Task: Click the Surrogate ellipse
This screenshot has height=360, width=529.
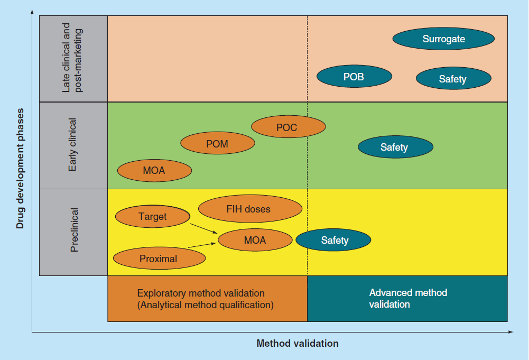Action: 444,39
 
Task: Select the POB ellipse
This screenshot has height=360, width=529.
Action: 354,77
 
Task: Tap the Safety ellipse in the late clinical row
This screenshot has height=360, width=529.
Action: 453,79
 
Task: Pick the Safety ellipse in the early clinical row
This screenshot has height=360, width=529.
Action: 395,147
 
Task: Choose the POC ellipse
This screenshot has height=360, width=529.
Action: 288,127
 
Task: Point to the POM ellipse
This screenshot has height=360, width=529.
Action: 218,144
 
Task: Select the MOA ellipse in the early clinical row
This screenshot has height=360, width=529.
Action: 154,171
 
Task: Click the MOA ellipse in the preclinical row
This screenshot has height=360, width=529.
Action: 255,241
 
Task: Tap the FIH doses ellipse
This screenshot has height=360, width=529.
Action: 250,209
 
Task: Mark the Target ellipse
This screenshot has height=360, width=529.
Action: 152,216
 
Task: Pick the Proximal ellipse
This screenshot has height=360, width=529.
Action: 159,259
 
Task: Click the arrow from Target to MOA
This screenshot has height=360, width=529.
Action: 205,228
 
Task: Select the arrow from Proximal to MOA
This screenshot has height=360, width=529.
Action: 203,244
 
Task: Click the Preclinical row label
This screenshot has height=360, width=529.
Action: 73,232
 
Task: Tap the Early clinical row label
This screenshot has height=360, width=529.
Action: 73,145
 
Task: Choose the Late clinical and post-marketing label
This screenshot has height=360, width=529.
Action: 73,58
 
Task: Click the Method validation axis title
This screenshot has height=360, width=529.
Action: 298,344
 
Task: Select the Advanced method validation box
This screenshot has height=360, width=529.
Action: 407,299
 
